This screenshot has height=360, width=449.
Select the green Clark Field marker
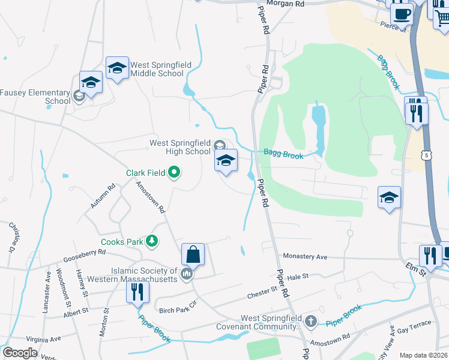tap(175, 173)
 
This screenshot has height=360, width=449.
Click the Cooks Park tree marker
tap(152, 241)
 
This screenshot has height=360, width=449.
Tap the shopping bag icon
tap(193, 254)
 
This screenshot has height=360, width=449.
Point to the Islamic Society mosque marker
tap(187, 275)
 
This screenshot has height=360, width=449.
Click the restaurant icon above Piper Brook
tap(137, 292)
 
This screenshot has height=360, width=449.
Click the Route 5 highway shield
tap(427, 156)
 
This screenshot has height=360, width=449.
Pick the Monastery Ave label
tap(305, 257)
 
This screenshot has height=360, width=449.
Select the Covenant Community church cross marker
tap(310, 322)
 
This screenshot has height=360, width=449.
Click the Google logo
tap(20, 353)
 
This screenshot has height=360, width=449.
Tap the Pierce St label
tap(394, 26)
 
